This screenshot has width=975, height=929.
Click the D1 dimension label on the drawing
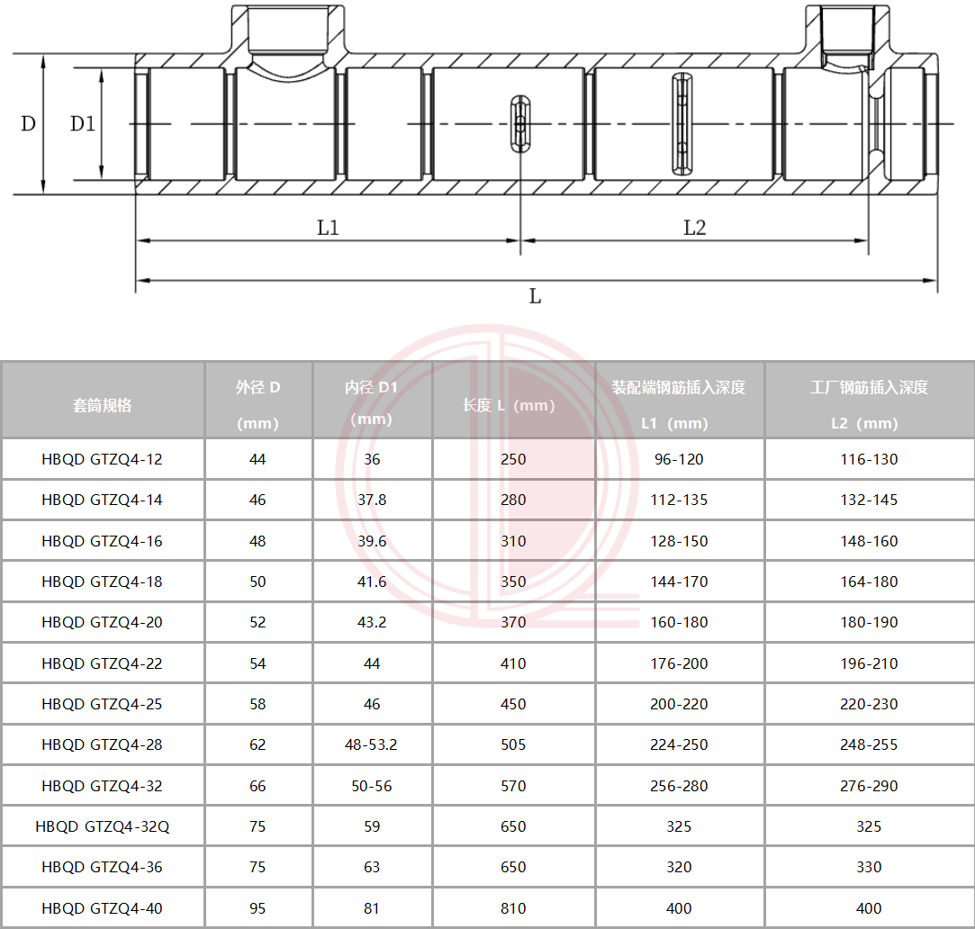(82, 123)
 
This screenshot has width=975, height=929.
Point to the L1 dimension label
(328, 228)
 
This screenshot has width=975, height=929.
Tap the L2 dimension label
(694, 228)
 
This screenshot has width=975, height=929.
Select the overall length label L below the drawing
(535, 296)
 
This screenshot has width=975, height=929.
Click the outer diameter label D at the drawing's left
(28, 123)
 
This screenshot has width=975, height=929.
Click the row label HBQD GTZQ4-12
(102, 459)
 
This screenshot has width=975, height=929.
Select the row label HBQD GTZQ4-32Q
(102, 826)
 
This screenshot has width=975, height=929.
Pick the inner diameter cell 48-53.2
(371, 745)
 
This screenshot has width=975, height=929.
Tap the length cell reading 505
(513, 745)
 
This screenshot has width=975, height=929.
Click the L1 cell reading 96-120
(679, 459)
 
